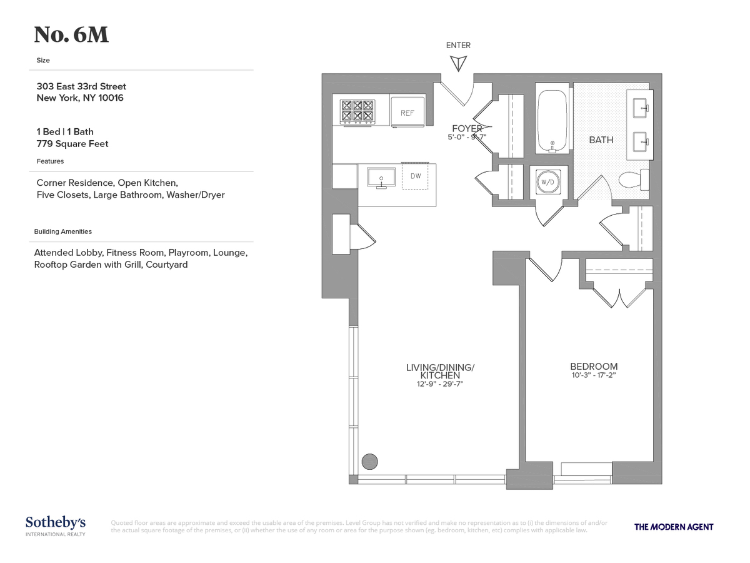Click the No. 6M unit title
point(71,35)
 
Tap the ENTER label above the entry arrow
point(458,45)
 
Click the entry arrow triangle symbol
point(459,63)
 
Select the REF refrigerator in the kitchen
point(407,113)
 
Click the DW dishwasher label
point(416,176)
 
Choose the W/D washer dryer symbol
point(548,182)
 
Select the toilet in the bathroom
point(633,181)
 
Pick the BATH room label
point(601,140)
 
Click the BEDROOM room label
point(594,367)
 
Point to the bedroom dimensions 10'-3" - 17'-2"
point(594,376)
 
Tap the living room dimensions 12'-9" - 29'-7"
point(441,384)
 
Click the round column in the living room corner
point(370,462)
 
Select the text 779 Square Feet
point(72,144)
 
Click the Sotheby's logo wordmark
point(56,523)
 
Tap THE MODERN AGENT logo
point(674,527)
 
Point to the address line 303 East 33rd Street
point(81,86)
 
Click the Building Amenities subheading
point(63,231)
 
